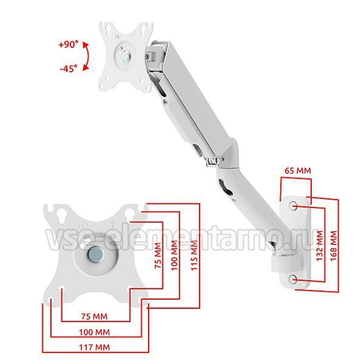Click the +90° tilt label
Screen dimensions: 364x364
pos(67,45)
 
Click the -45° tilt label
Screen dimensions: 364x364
pos(68,69)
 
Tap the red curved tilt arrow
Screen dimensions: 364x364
pos(87,56)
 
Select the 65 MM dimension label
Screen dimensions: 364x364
pos(297,171)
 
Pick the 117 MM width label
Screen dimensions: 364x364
pos(94,347)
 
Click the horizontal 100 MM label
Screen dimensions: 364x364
pos(94,332)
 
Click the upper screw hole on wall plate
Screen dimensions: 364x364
pos(294,206)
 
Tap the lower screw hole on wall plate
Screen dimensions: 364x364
pos(294,278)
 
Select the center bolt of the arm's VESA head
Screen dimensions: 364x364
pos(126,58)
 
